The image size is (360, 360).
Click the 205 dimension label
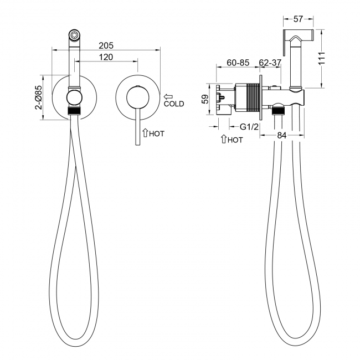point(106,45)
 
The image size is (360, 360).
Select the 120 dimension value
point(106,57)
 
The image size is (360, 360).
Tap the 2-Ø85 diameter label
point(39,97)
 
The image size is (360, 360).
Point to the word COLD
point(174,104)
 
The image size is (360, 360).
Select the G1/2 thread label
point(249,126)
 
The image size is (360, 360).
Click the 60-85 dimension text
point(238,63)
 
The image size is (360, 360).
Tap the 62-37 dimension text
point(270,63)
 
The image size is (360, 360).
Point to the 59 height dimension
point(205,99)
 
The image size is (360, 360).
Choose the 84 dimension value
point(282,136)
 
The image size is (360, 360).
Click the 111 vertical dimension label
point(322,59)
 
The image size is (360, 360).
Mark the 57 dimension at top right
point(298,19)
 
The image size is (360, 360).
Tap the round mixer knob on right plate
point(137,97)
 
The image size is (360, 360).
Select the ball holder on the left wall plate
point(74,97)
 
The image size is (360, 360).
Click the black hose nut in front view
point(74,111)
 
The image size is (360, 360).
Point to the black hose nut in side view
point(278,112)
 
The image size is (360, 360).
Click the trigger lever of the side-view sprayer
point(284,43)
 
